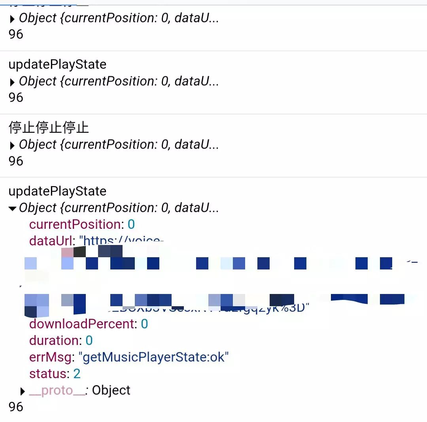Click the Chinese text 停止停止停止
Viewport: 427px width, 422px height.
coord(49,128)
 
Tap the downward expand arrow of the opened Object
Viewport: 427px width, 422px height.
coord(13,208)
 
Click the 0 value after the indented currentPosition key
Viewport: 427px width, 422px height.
coord(131,224)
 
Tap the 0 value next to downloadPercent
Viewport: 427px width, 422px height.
coord(145,324)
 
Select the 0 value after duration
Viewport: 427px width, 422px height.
coord(89,341)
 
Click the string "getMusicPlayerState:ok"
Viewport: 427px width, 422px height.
coord(154,357)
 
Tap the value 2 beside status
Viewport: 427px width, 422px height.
coord(77,374)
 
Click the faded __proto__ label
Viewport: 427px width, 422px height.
coord(57,390)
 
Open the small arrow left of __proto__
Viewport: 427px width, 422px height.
coord(23,391)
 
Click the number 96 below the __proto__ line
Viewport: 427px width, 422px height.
coord(16,407)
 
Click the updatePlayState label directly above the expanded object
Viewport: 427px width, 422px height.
coord(57,191)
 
